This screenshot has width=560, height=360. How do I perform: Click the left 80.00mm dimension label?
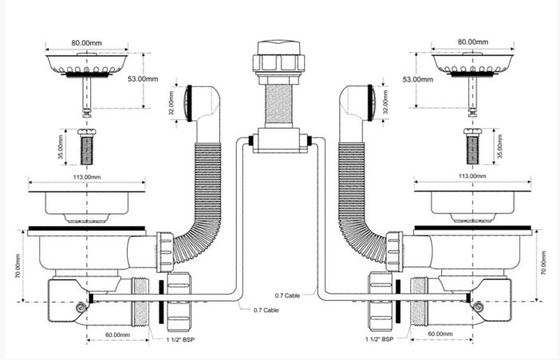pyautogui.click(x=86, y=43)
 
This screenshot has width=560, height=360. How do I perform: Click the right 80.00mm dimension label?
pyautogui.click(x=473, y=42)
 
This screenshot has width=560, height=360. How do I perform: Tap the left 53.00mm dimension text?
pyautogui.click(x=143, y=79)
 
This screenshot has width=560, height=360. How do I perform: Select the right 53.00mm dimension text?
pyautogui.click(x=418, y=79)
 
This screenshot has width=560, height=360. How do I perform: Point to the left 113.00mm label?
pyautogui.click(x=87, y=177)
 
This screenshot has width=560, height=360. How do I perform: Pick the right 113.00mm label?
pyautogui.click(x=472, y=176)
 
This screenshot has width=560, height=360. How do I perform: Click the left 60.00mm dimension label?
pyautogui.click(x=117, y=335)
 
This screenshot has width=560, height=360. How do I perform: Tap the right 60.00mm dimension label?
pyautogui.click(x=440, y=334)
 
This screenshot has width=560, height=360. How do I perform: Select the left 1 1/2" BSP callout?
pyautogui.click(x=180, y=339)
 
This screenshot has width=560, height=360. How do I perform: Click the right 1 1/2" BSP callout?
pyautogui.click(x=379, y=339)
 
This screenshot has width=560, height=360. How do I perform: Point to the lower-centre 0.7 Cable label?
pyautogui.click(x=266, y=311)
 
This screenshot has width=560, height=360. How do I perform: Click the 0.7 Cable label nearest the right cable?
pyautogui.click(x=287, y=295)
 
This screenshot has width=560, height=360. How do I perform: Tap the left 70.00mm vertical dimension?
pyautogui.click(x=18, y=266)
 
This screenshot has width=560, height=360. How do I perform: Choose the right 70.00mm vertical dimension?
pyautogui.click(x=543, y=263)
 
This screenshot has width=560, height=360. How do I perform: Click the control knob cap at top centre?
pyautogui.click(x=279, y=48)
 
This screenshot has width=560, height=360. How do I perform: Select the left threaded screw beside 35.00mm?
pyautogui.click(x=87, y=147)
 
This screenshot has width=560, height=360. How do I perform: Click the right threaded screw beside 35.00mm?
pyautogui.click(x=473, y=146)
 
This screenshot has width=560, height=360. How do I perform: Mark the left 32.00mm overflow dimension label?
pyautogui.click(x=171, y=103)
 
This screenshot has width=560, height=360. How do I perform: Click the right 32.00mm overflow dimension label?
pyautogui.click(x=386, y=102)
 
